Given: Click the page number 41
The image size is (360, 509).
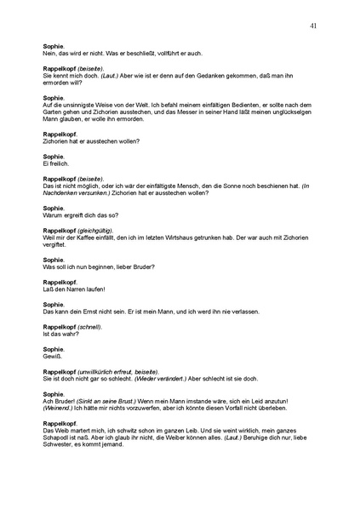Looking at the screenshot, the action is [x=314, y=27].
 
